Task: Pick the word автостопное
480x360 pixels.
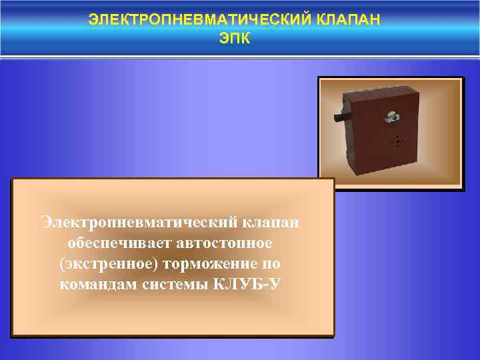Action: [225, 242]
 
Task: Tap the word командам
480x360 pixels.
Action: [99, 285]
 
